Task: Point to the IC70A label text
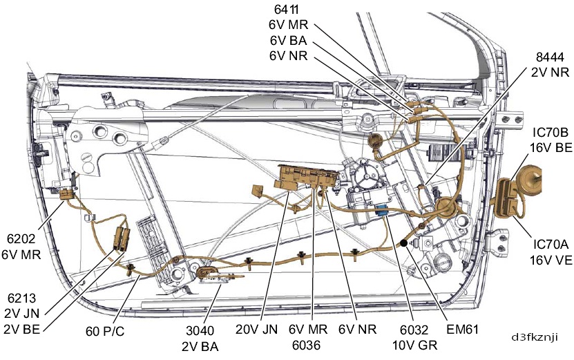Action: [x=551, y=244]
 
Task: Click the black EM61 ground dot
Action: [x=402, y=243]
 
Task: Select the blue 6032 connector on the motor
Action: [x=381, y=211]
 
